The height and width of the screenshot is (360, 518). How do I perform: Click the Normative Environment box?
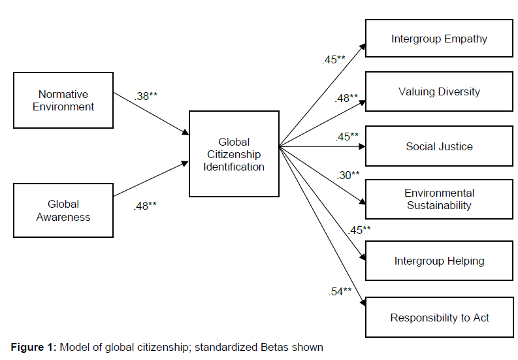[x=63, y=100]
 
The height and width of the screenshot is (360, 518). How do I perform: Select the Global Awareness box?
[x=63, y=210]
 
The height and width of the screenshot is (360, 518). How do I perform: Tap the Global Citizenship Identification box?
[x=234, y=154]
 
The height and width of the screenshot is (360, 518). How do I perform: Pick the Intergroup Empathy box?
[x=439, y=39]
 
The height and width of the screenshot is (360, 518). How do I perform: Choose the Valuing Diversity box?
[x=439, y=91]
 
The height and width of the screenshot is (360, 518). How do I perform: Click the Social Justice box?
[x=439, y=146]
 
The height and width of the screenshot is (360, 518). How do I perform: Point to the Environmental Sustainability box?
[x=439, y=199]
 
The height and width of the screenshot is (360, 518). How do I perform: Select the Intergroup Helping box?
[x=439, y=261]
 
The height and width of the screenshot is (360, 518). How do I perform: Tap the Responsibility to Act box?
[x=439, y=318]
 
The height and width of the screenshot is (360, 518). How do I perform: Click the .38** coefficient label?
[x=146, y=95]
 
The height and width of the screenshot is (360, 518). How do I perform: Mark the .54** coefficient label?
[x=340, y=291]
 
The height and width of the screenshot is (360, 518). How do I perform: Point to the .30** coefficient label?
[x=348, y=174]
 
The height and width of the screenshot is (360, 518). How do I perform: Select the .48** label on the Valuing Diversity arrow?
[x=346, y=98]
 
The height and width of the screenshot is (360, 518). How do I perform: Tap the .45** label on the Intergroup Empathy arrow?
[x=333, y=59]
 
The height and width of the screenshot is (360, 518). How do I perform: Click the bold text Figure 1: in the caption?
[x=33, y=347]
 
